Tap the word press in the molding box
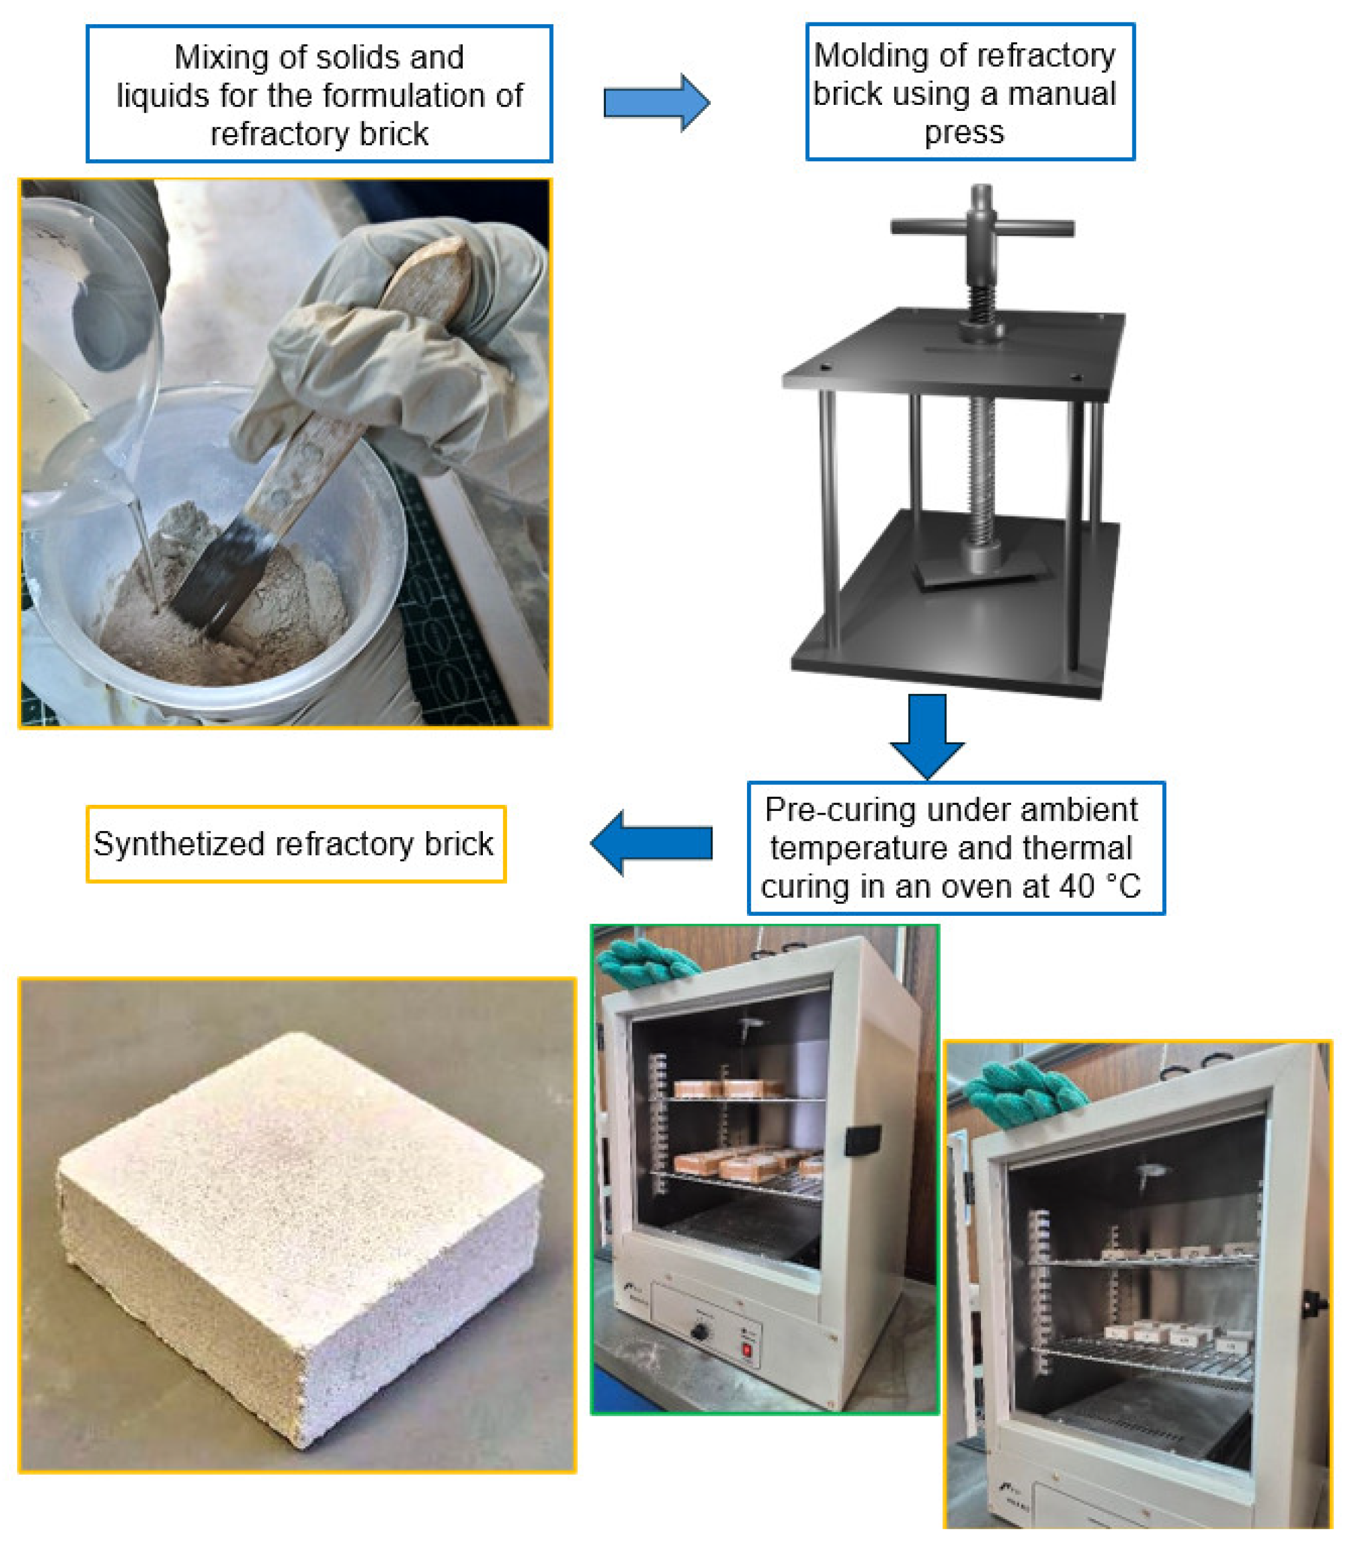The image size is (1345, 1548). click(964, 133)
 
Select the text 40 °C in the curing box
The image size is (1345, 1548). click(1100, 887)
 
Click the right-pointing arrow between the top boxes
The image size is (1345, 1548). click(656, 103)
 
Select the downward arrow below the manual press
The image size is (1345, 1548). click(927, 736)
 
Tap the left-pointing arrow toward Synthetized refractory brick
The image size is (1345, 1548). click(651, 842)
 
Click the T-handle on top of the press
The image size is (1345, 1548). click(981, 225)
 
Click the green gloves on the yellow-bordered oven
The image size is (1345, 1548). click(1025, 1092)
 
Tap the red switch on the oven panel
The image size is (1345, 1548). click(747, 1350)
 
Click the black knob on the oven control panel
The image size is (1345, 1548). click(700, 1333)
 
